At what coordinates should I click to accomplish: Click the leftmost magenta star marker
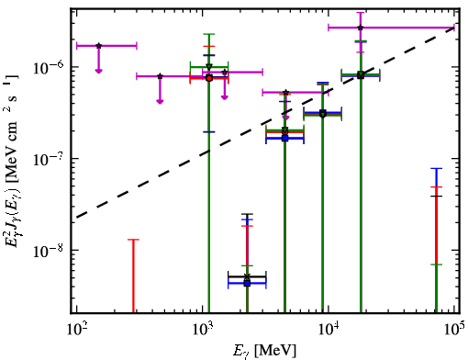coord(98,46)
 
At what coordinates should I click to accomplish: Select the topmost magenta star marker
coord(361,28)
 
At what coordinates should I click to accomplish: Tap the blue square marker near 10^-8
coord(247,284)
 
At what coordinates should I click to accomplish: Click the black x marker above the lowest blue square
coord(247,276)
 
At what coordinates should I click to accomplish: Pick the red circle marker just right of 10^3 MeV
coord(209,78)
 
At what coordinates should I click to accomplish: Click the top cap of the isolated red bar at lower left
coord(133,240)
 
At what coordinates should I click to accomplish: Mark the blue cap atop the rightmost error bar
coord(436,168)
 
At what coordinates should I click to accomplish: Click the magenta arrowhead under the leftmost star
coord(98,71)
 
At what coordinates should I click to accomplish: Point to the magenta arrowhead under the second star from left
coord(160,102)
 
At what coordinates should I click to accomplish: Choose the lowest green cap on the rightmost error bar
coord(436,264)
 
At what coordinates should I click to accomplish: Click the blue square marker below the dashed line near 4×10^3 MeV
coord(285,139)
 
